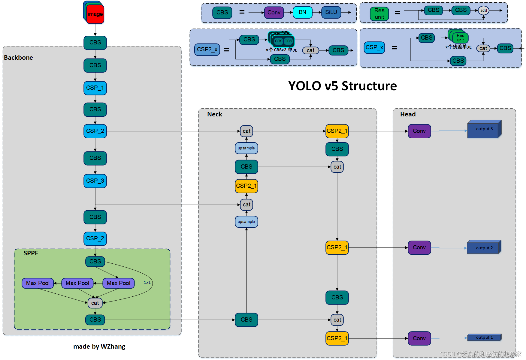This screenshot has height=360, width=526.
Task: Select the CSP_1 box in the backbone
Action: point(95,88)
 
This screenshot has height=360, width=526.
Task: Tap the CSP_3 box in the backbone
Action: point(95,181)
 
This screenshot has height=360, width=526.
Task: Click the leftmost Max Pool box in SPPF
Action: point(38,283)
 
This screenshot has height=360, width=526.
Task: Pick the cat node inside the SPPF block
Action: point(95,303)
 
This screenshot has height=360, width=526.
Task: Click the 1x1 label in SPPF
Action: point(147,282)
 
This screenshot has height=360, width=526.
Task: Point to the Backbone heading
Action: point(18,57)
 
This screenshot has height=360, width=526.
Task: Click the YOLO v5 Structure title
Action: point(342,86)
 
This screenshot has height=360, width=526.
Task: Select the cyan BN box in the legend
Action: point(302,12)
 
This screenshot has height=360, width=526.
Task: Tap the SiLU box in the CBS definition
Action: point(331,12)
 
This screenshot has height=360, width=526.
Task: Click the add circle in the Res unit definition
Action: point(483,10)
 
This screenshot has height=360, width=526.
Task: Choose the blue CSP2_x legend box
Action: point(207,49)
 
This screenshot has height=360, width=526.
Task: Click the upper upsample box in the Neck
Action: point(246,148)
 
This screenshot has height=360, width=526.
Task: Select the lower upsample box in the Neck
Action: point(246,222)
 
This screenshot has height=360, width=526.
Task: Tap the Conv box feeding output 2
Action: point(419,247)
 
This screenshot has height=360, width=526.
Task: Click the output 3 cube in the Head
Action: point(484,129)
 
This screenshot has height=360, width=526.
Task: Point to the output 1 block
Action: point(484,337)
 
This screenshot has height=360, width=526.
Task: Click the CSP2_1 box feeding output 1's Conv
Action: point(337,338)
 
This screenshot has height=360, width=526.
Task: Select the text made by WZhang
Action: point(99,346)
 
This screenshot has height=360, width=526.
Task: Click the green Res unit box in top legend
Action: point(379,14)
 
